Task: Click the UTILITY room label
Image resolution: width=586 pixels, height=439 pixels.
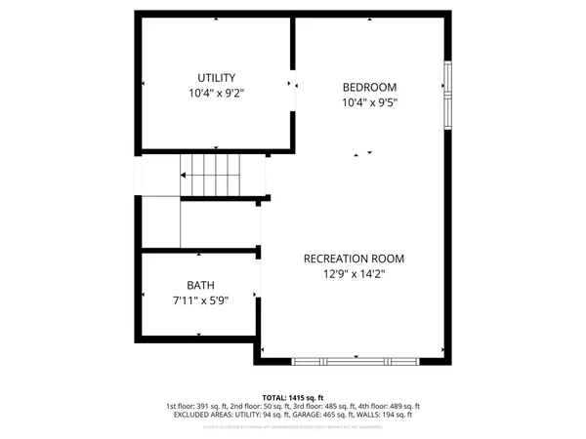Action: [216, 78]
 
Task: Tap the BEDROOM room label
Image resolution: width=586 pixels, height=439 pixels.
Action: [369, 85]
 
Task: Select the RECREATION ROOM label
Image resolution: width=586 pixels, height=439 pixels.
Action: [354, 259]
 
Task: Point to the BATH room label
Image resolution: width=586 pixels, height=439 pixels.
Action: [199, 287]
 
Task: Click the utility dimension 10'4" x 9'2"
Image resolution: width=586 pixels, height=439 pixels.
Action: [216, 95]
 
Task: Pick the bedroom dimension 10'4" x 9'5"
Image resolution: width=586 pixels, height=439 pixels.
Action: [369, 101]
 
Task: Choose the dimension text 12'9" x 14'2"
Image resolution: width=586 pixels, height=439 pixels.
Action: [354, 275]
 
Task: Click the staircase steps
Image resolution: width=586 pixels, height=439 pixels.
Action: [210, 176]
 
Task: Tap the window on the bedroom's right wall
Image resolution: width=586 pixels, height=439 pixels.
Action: [448, 95]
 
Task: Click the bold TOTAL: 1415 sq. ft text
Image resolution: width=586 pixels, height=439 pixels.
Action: [293, 398]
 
